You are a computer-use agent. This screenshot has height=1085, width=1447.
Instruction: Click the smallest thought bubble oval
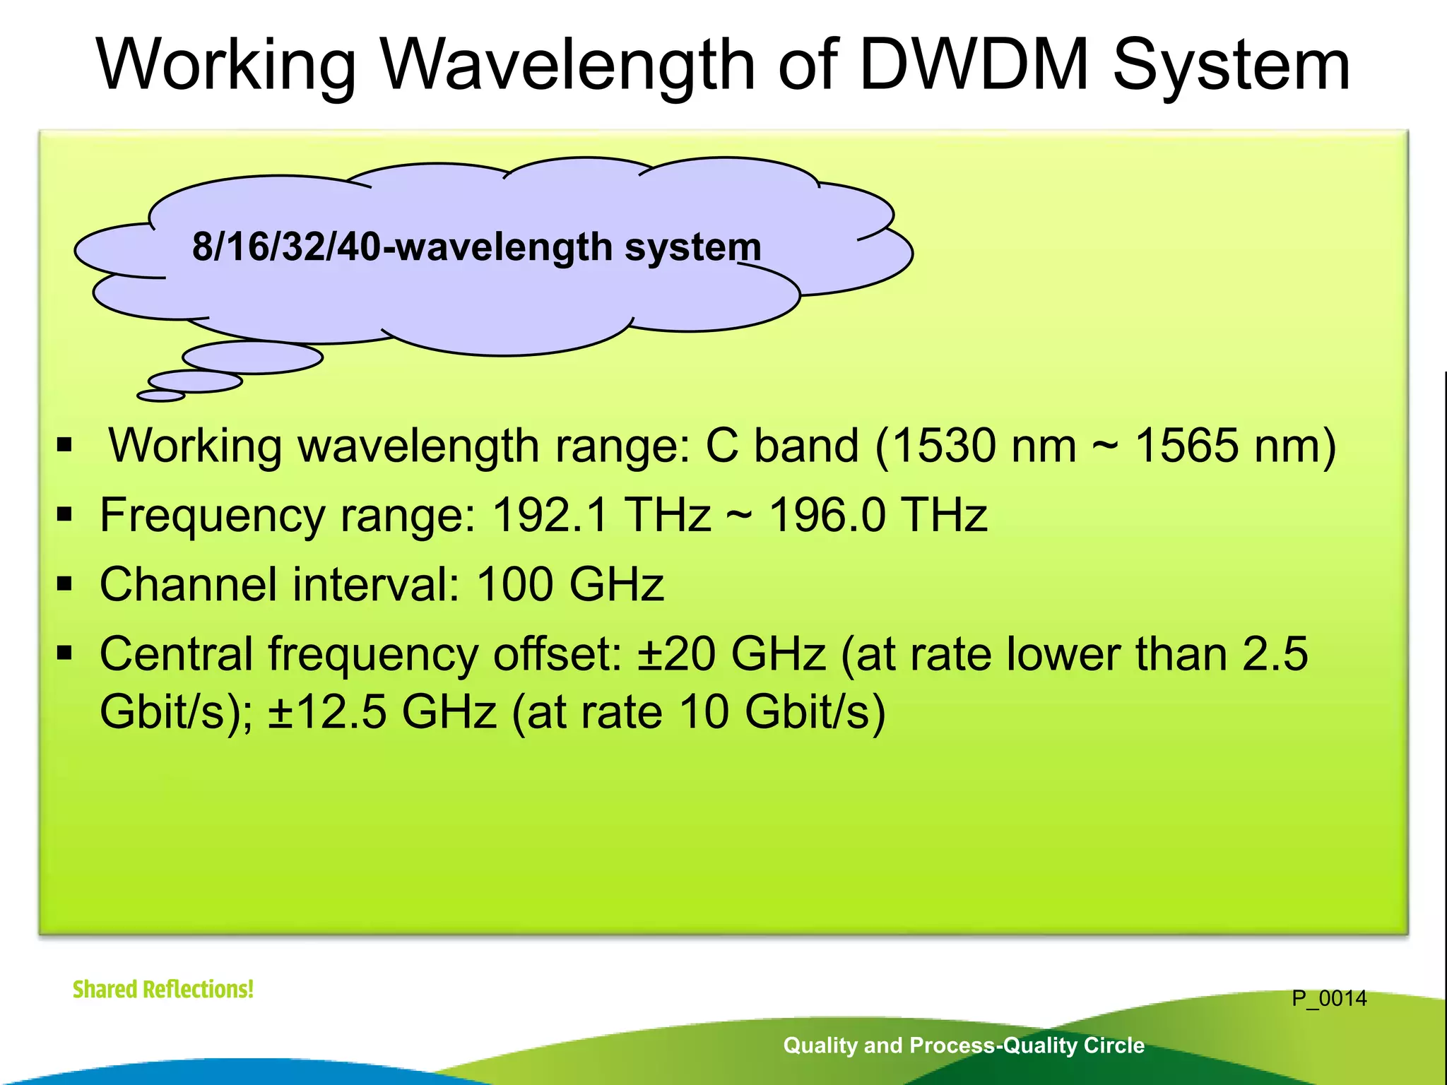pyautogui.click(x=161, y=396)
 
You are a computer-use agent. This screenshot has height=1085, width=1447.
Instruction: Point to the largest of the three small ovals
pyautogui.click(x=252, y=357)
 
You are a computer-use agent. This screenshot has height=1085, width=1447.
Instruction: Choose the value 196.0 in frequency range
pyautogui.click(x=826, y=515)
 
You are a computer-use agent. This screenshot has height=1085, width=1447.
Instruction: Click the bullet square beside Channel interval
pyautogui.click(x=65, y=584)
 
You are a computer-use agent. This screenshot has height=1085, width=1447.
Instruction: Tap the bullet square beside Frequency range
pyautogui.click(x=65, y=515)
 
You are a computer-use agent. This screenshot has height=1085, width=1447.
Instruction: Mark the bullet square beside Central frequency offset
pyautogui.click(x=65, y=653)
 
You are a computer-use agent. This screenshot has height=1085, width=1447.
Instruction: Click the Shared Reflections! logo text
pyautogui.click(x=163, y=989)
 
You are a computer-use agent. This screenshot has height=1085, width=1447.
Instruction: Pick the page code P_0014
pyautogui.click(x=1329, y=999)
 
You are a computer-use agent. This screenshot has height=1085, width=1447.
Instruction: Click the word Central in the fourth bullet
pyautogui.click(x=176, y=654)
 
